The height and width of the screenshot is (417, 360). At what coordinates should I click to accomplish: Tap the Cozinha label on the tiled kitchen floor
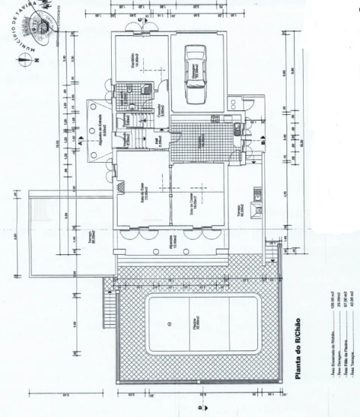click(x=200, y=139)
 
